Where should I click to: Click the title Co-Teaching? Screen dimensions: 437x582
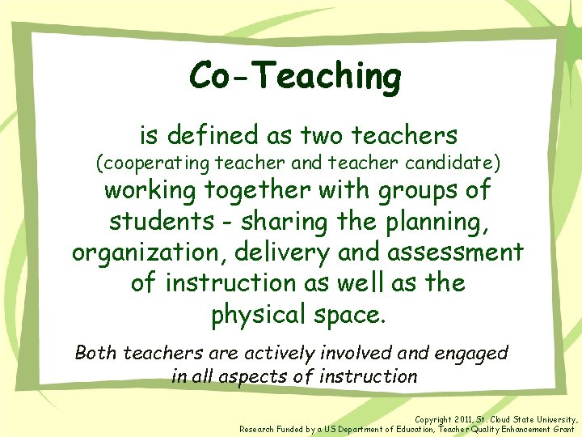tap(295, 76)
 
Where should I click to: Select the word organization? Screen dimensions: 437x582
tap(150, 252)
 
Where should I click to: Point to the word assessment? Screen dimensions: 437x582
tap(455, 252)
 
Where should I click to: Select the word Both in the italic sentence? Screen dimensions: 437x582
tap(96, 353)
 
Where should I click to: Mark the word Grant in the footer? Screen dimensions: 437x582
tap(557, 429)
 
